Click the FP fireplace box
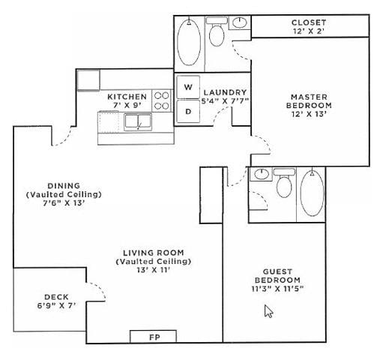154,336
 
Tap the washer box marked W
187,87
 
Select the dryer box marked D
187,112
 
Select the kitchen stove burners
162,101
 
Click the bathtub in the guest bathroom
312,193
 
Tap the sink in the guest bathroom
261,175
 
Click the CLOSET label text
309,22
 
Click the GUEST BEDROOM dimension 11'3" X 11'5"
277,288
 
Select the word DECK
56,296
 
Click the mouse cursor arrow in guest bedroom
268,310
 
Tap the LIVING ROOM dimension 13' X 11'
153,270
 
